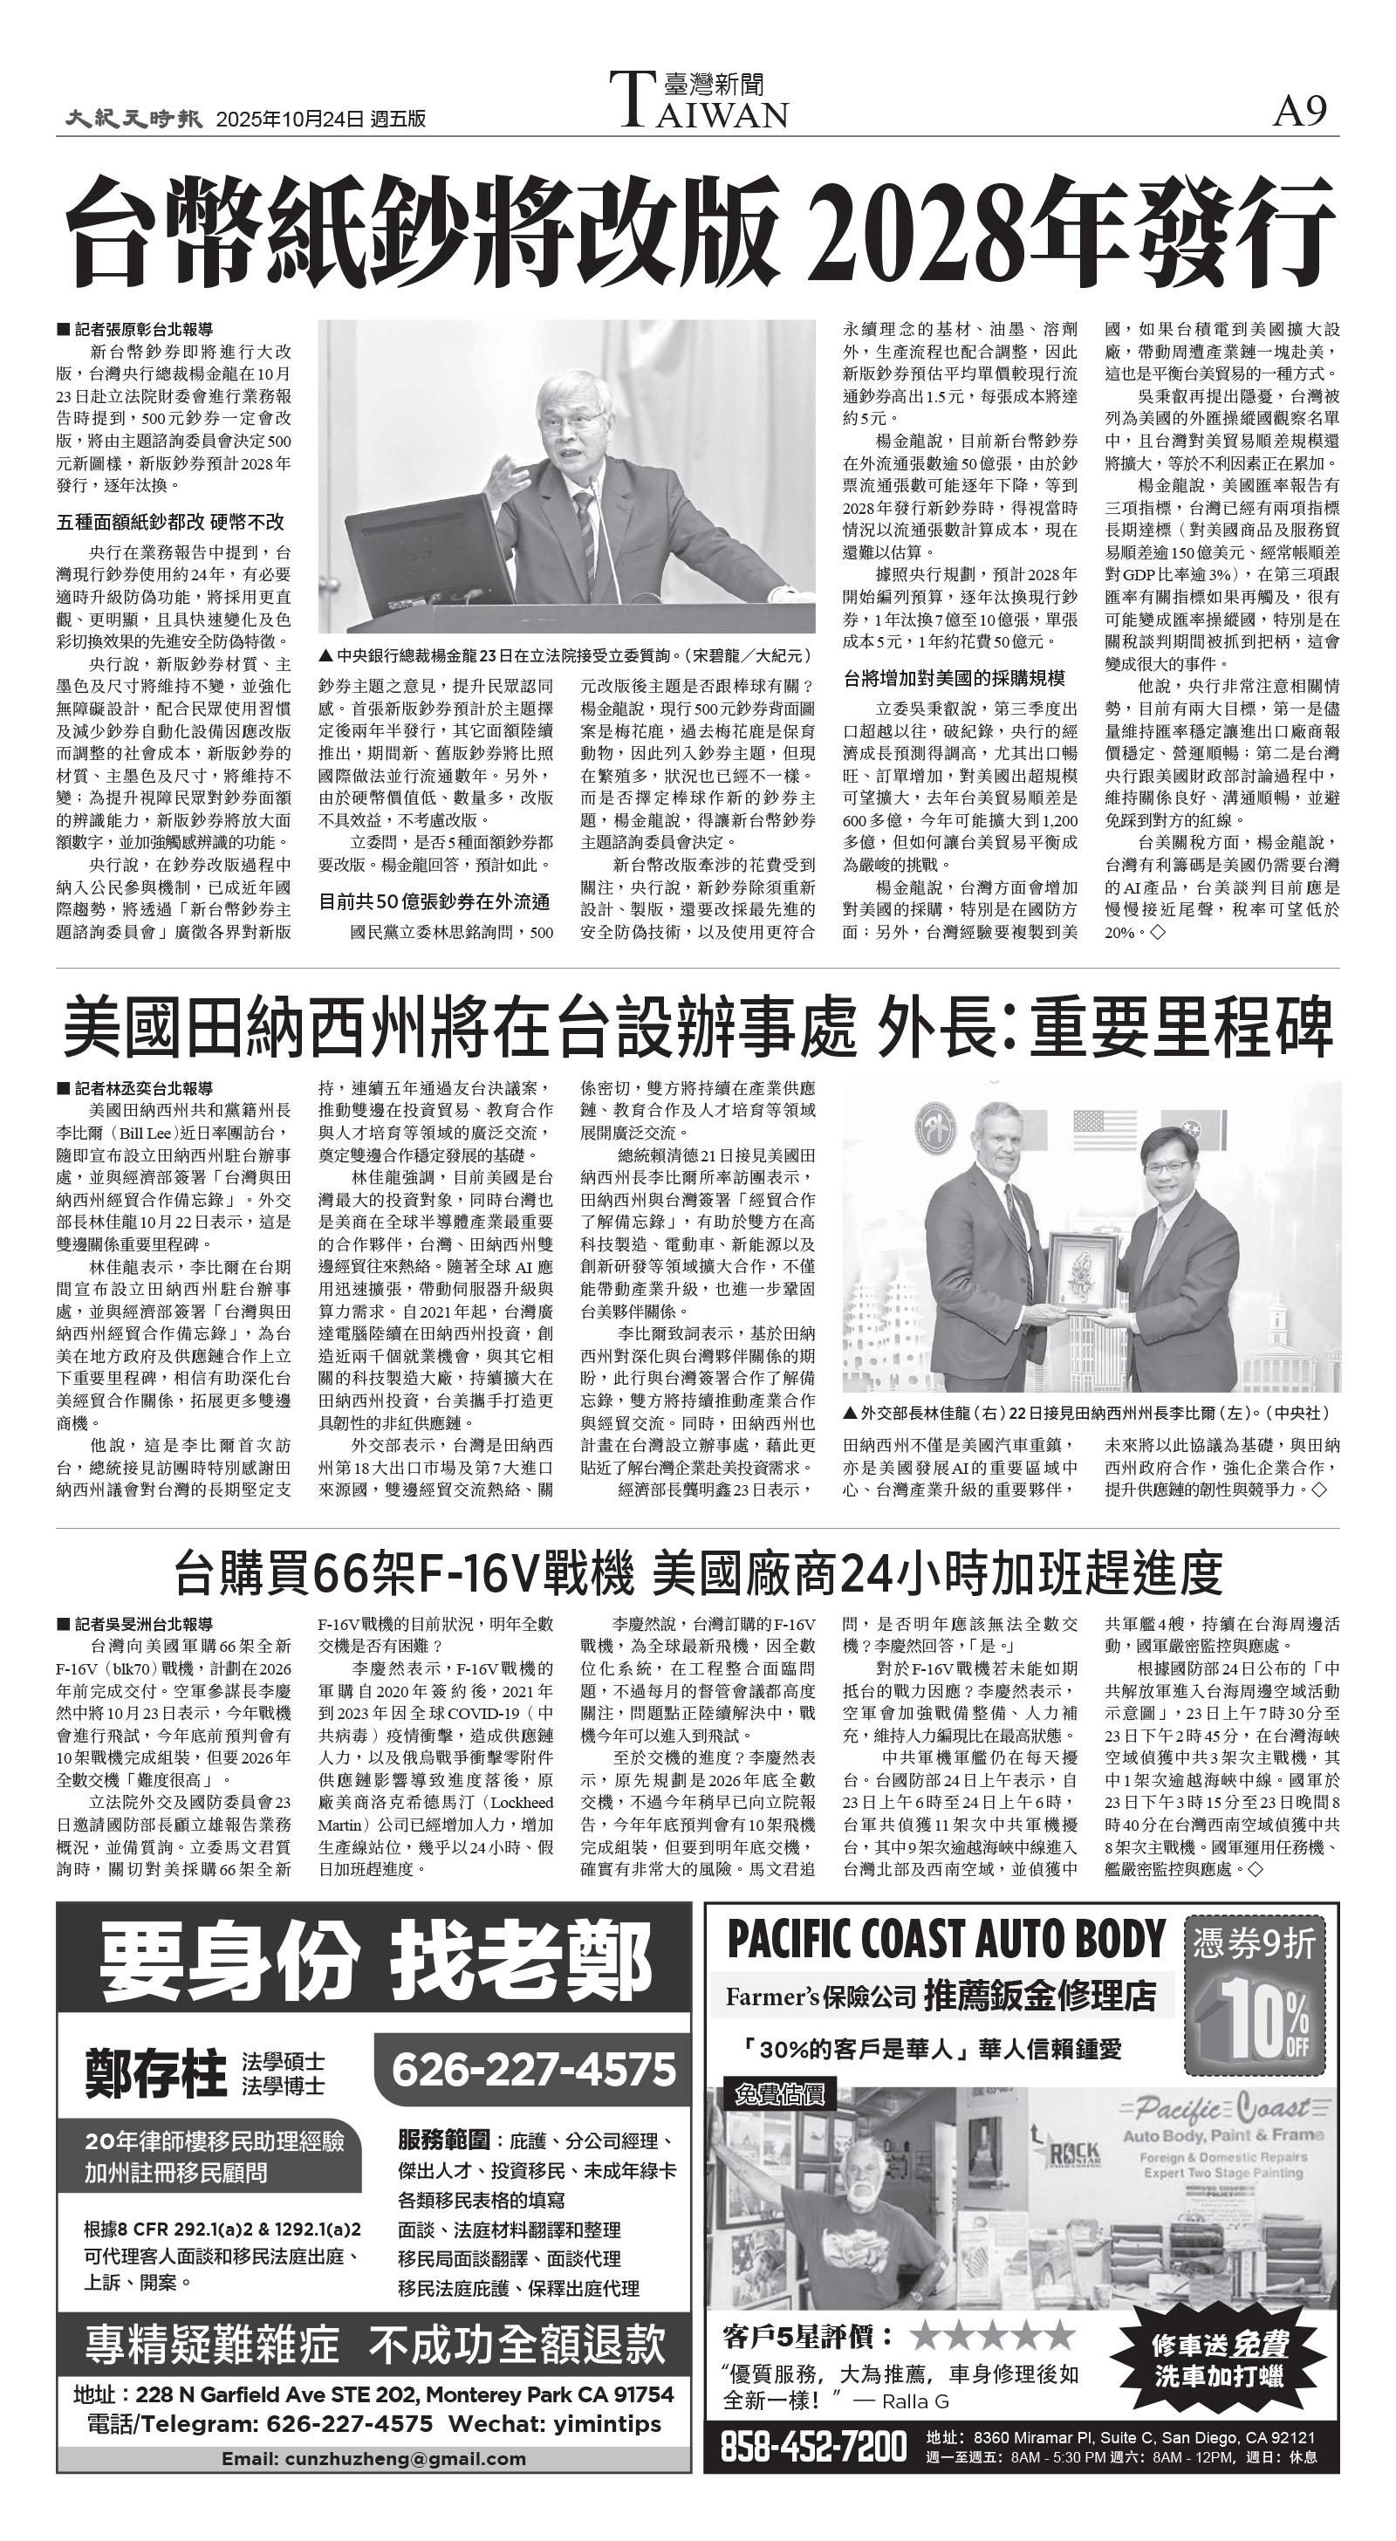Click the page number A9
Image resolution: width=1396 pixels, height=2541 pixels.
click(x=1300, y=113)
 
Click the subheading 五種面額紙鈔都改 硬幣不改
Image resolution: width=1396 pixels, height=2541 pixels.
click(x=169, y=522)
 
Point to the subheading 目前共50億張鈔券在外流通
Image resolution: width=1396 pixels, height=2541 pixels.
click(x=435, y=901)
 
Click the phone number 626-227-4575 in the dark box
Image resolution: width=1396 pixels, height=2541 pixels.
click(x=534, y=2069)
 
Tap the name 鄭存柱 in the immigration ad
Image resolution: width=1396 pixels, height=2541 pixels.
click(x=156, y=2072)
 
